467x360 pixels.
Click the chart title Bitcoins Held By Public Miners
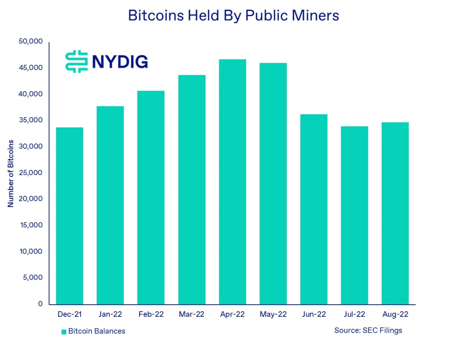pyautogui.click(x=233, y=16)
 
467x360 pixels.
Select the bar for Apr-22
pyautogui.click(x=232, y=182)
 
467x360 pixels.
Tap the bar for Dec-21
pyautogui.click(x=70, y=216)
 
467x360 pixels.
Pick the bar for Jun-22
pyautogui.click(x=314, y=209)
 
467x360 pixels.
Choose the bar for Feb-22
pyautogui.click(x=151, y=198)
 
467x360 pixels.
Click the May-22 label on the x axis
pyautogui.click(x=273, y=315)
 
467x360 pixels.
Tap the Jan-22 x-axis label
pyautogui.click(x=110, y=315)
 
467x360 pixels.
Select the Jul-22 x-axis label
pyautogui.click(x=354, y=315)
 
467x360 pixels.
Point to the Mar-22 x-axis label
pyautogui.click(x=192, y=315)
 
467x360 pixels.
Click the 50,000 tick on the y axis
pyautogui.click(x=31, y=41)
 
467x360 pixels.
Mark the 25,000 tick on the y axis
pyautogui.click(x=31, y=173)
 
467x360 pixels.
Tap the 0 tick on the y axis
pyautogui.click(x=40, y=304)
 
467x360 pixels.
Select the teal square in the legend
pyautogui.click(x=64, y=332)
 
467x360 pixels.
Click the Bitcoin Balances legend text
pyautogui.click(x=96, y=331)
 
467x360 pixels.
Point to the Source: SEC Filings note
pyautogui.click(x=368, y=331)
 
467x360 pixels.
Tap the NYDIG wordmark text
pyautogui.click(x=120, y=62)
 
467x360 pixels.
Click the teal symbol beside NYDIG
pyautogui.click(x=77, y=61)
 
